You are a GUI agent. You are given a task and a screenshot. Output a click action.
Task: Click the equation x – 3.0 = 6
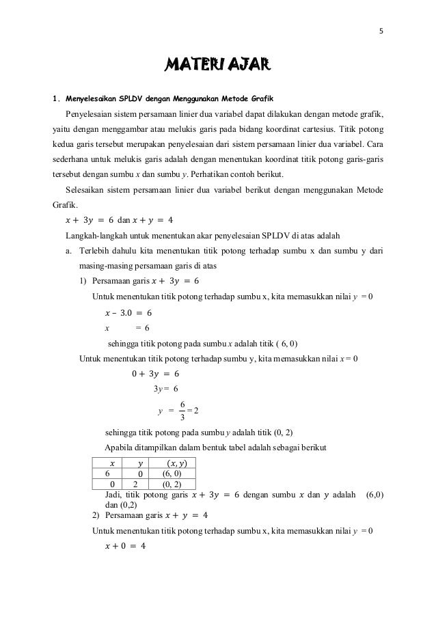click(x=128, y=312)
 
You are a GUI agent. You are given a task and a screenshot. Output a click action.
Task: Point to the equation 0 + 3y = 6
click(x=155, y=373)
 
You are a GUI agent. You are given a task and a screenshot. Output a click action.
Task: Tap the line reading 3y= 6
click(x=165, y=389)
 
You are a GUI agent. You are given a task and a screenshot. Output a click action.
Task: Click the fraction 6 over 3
click(x=181, y=411)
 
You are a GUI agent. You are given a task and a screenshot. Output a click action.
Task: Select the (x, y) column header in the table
click(x=174, y=463)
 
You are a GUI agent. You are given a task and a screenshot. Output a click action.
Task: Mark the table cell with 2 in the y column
click(x=136, y=484)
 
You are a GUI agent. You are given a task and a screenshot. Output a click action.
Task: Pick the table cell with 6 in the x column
click(x=108, y=474)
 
